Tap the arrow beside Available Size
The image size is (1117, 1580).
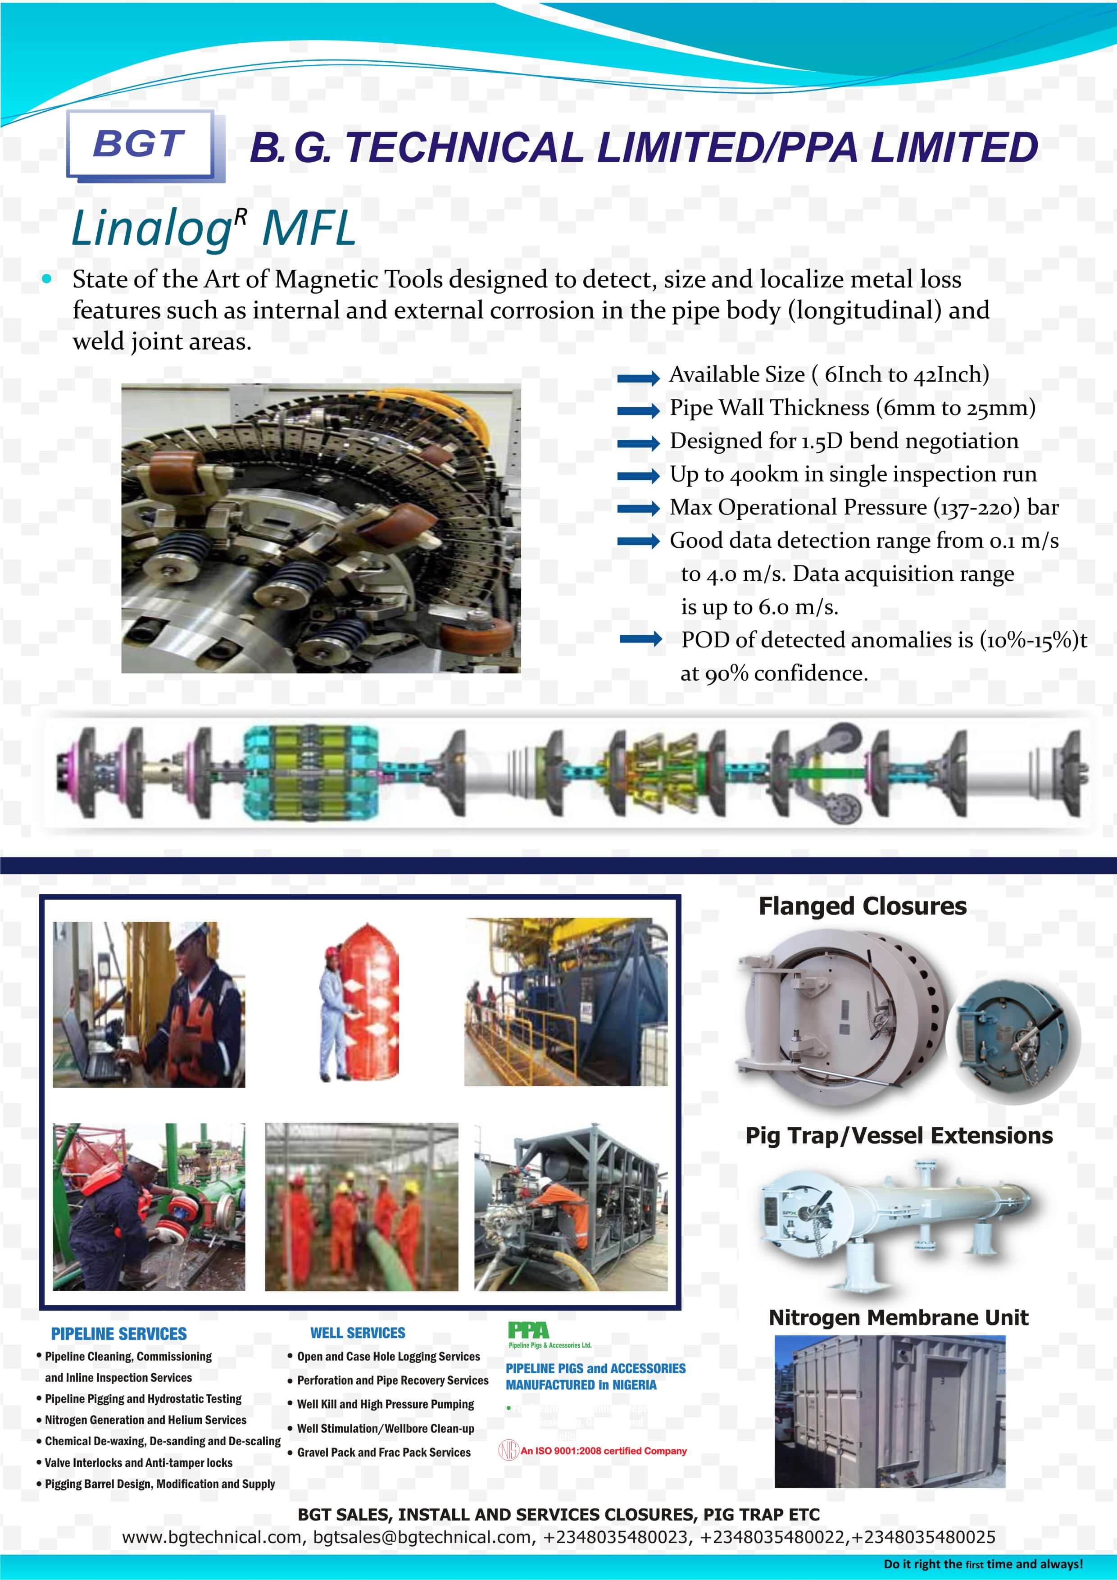click(x=638, y=377)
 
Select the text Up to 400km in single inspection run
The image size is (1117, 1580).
click(x=853, y=474)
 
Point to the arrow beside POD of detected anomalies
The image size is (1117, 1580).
click(x=640, y=639)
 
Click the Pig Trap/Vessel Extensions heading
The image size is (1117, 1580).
click(x=898, y=1135)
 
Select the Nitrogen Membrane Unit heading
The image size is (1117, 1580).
click(x=898, y=1317)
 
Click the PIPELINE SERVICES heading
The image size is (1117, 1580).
click(x=118, y=1334)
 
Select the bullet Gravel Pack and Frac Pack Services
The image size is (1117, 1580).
click(x=384, y=1452)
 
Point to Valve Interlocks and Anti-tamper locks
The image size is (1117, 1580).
click(x=138, y=1462)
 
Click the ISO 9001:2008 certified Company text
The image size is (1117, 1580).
click(x=603, y=1451)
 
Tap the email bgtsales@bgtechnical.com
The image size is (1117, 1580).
click(x=422, y=1537)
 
